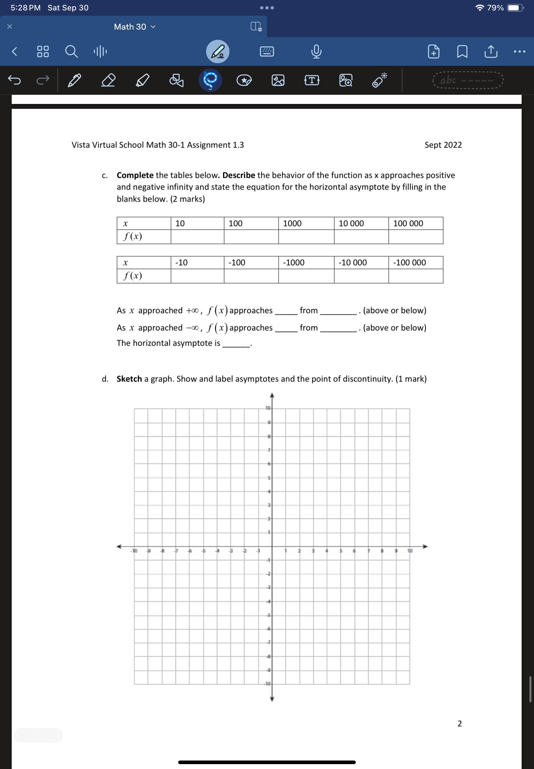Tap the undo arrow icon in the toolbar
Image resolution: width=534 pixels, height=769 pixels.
(14, 80)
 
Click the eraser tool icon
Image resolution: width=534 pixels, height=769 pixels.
(108, 80)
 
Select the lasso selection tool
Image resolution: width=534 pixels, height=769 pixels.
(210, 80)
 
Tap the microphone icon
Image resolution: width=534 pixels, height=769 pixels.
(316, 51)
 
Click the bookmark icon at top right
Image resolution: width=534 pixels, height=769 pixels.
(462, 51)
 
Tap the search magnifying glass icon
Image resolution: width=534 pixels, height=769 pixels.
(71, 51)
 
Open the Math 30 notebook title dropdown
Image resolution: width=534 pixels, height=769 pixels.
(134, 27)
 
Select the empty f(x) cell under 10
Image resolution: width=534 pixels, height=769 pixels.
(197, 237)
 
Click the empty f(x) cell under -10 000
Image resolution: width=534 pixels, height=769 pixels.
(361, 276)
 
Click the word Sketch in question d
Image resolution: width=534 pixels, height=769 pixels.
(129, 379)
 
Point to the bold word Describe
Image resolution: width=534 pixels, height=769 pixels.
(239, 175)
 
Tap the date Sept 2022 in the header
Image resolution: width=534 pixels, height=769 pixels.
(443, 145)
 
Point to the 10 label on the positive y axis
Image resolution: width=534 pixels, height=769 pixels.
(268, 408)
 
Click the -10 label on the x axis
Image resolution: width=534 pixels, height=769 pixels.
(134, 551)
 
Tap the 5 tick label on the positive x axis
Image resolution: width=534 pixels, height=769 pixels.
(341, 551)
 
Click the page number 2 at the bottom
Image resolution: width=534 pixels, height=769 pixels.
(459, 723)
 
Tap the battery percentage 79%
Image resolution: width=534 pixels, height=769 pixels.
(495, 8)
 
